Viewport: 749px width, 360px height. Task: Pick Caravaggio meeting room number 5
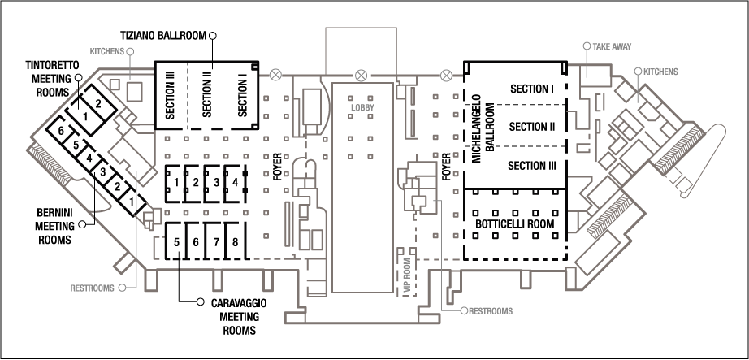176,242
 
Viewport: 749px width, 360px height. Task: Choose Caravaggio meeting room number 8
235,242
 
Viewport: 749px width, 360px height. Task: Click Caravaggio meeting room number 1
175,183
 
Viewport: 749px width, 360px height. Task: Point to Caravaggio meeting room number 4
235,183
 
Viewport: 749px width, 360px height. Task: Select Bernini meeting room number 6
60,131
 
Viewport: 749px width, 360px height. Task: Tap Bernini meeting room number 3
103,172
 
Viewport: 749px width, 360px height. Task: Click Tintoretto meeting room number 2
97,103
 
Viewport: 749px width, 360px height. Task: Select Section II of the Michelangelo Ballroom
531,127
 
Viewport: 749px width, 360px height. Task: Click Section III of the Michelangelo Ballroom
531,165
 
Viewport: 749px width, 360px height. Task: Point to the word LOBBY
361,107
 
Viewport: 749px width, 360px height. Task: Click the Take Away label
612,47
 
